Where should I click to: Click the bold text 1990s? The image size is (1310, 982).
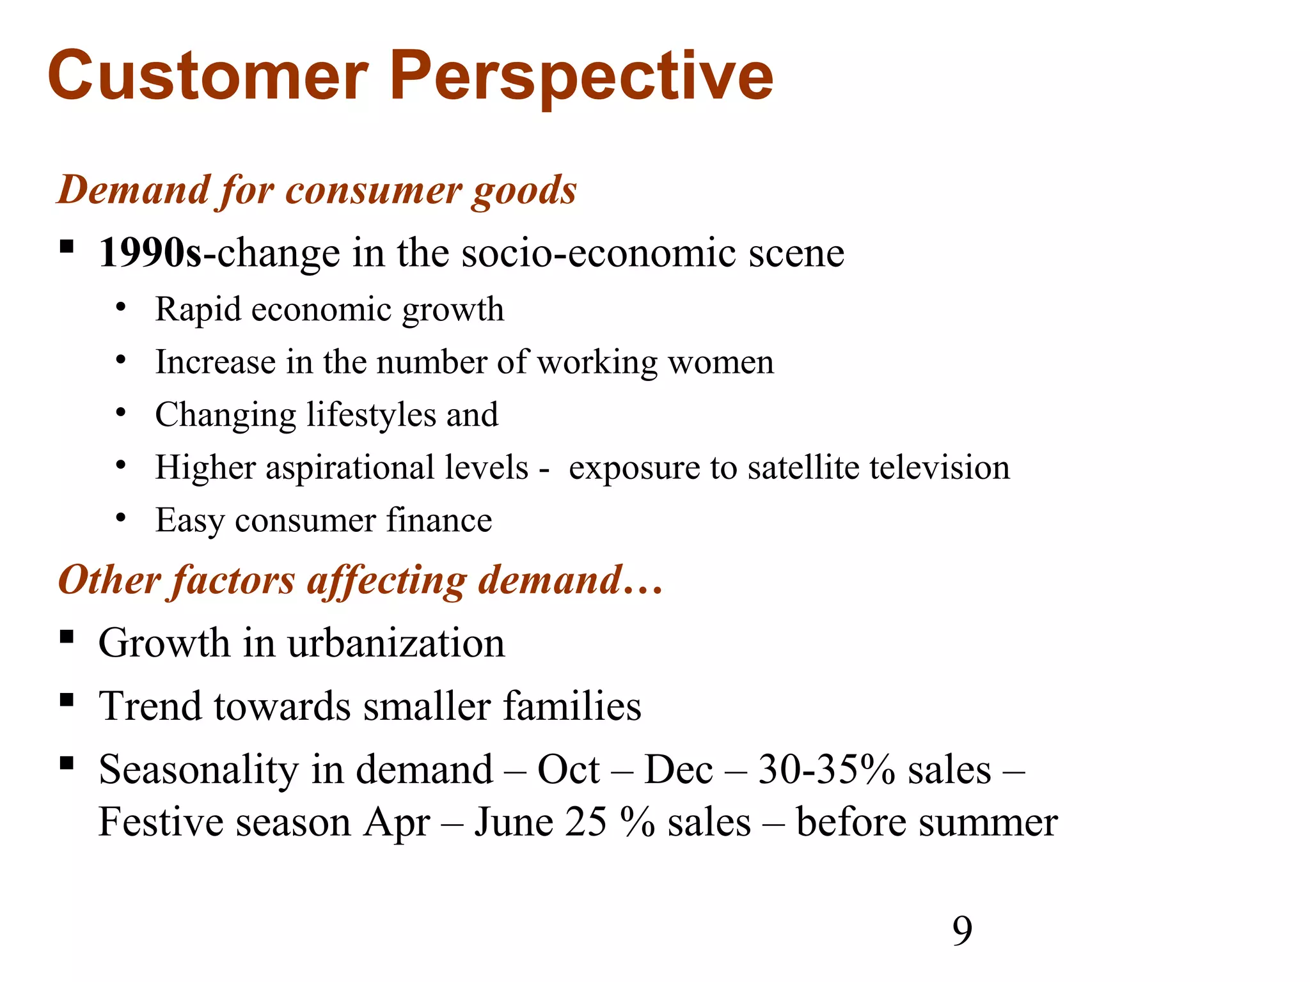[150, 253]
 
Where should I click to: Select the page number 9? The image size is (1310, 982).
[962, 931]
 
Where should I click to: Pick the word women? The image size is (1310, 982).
[721, 362]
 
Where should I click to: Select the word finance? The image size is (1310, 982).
[439, 520]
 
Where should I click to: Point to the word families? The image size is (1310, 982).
[572, 706]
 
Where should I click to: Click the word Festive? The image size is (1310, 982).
[161, 822]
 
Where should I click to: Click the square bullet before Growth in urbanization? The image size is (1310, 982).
[67, 637]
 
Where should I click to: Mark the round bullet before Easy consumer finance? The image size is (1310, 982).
[121, 518]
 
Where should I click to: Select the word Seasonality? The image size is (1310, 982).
[198, 770]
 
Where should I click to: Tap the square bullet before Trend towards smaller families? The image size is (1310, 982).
[67, 701]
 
